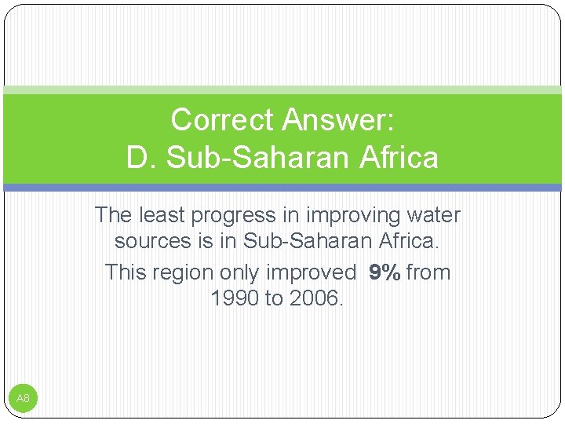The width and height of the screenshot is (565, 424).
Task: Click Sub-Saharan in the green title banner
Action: (255, 157)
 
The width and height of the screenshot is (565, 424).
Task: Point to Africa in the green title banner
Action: (398, 157)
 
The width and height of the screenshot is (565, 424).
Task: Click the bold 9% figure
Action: (385, 272)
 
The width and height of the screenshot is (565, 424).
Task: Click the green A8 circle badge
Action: (23, 399)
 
